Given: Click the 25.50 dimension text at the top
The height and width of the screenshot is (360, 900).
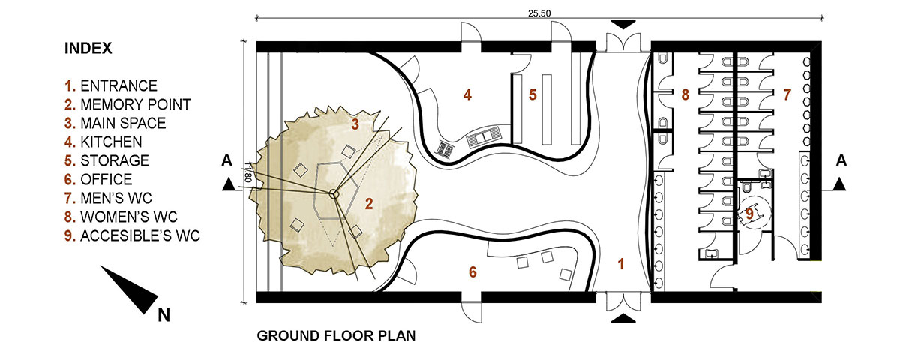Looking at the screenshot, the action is (x=539, y=13).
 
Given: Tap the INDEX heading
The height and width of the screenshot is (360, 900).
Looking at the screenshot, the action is (x=88, y=49).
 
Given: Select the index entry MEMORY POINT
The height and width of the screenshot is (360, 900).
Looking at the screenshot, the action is (x=136, y=104).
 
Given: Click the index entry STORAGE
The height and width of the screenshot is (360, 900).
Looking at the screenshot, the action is (x=115, y=160).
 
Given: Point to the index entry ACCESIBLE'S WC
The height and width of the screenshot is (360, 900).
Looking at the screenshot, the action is (x=139, y=235).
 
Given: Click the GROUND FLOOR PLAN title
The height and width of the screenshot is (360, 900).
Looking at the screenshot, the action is (x=336, y=335).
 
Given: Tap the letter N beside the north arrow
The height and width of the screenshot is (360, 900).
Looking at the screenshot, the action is (x=164, y=315).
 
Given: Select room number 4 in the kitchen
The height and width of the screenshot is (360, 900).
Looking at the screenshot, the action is (x=467, y=94).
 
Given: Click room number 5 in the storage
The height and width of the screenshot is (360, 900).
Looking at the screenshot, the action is (x=532, y=94).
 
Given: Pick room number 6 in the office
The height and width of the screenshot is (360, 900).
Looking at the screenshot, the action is (x=473, y=272).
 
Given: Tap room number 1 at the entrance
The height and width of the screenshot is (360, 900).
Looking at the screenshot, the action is (x=621, y=264).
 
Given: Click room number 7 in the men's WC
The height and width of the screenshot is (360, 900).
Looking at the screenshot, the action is (x=787, y=94).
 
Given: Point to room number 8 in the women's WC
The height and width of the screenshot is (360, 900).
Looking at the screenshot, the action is (x=685, y=94).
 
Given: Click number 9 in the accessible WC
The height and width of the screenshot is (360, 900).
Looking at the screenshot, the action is (x=749, y=214).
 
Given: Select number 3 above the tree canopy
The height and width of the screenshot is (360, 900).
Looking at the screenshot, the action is (x=355, y=124).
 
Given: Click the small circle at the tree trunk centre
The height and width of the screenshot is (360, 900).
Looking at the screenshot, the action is (x=334, y=194).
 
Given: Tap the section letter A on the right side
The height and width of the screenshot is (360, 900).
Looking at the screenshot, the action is (x=841, y=161).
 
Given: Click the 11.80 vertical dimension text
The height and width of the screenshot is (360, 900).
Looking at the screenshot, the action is (x=248, y=172).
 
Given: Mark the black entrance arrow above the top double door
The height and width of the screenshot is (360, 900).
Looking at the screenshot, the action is (x=623, y=25).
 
